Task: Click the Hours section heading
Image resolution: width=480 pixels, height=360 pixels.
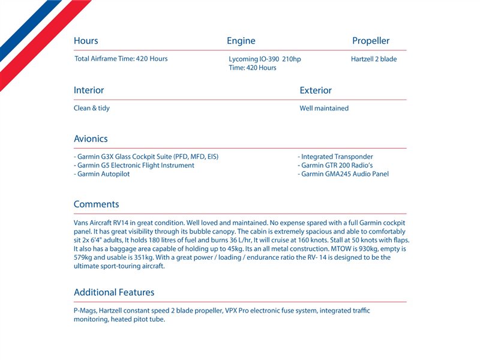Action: click(86, 41)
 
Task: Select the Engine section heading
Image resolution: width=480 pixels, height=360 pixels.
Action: click(241, 41)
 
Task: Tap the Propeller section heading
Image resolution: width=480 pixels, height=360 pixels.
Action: click(370, 41)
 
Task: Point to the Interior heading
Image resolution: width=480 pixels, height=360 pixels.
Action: click(89, 90)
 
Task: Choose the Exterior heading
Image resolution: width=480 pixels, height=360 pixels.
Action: click(316, 90)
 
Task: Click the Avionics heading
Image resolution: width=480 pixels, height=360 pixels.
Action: click(91, 139)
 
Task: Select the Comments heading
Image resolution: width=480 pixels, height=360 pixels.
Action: click(96, 204)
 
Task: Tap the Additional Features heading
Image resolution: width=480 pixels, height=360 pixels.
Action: click(114, 292)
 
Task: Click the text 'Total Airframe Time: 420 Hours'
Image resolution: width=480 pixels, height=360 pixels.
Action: click(121, 59)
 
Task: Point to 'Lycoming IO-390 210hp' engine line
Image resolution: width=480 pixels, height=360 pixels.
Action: click(265, 59)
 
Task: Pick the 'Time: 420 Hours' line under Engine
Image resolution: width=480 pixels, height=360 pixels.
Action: click(253, 68)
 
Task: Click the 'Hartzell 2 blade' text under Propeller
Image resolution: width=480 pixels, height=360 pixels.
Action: click(374, 59)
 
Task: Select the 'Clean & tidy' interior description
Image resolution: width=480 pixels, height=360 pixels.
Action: click(92, 108)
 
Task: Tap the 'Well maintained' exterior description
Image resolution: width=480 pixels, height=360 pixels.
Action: click(324, 108)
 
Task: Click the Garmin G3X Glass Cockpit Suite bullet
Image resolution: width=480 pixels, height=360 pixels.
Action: click(146, 157)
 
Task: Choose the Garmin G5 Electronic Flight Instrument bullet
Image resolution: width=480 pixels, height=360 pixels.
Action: click(134, 165)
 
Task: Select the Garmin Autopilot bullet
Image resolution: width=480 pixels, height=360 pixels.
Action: click(101, 174)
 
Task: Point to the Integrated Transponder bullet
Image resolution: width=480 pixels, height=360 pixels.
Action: click(335, 157)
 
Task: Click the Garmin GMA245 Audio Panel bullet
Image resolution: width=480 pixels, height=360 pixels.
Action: click(343, 174)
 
